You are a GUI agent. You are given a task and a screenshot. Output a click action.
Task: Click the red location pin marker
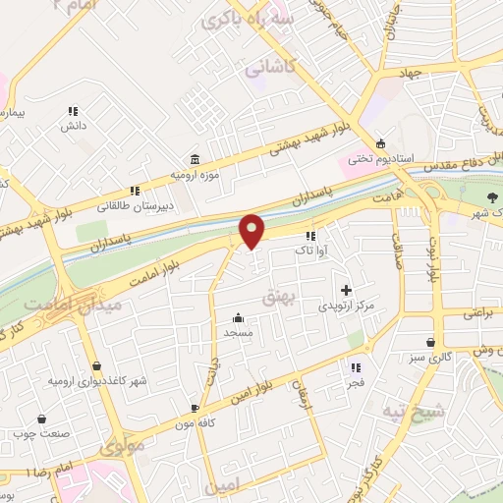[x=252, y=231]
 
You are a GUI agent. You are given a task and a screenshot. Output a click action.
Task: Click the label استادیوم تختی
[x=415, y=157]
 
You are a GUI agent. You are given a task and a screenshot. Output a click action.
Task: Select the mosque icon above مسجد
[x=238, y=317]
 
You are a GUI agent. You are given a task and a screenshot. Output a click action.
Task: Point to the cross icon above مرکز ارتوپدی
[x=346, y=290]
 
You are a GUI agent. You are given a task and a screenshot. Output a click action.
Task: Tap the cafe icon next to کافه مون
[x=195, y=407]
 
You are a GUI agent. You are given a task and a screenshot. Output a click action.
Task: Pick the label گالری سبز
[x=438, y=358]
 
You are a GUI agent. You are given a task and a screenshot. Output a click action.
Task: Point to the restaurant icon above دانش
[x=72, y=111]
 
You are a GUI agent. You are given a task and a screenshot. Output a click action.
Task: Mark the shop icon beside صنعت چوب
[x=18, y=431]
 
